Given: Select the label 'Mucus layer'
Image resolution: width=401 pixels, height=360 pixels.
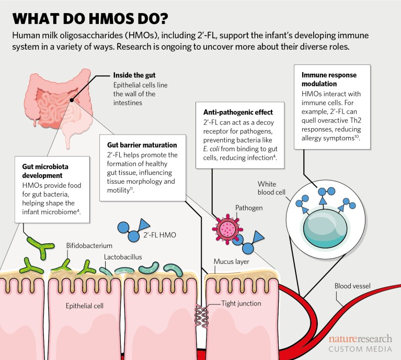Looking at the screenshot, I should (231, 261).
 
